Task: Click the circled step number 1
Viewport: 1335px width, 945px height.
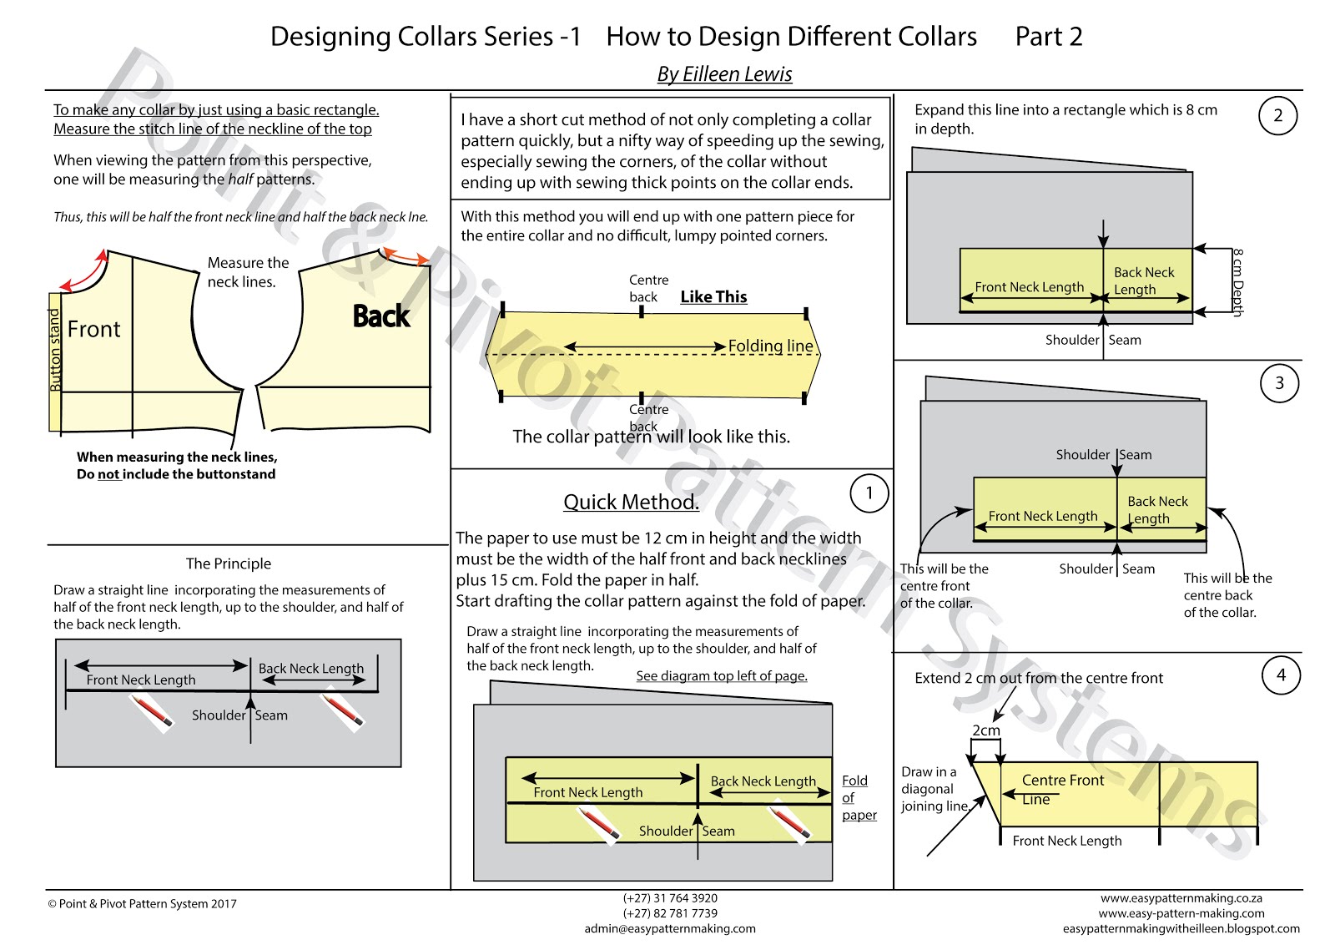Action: tap(869, 493)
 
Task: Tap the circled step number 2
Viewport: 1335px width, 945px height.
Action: tap(1277, 116)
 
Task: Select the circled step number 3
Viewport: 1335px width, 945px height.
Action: tap(1279, 383)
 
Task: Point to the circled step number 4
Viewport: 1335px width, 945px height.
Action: tap(1281, 675)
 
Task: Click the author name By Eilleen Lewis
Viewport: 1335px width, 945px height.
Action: tap(724, 74)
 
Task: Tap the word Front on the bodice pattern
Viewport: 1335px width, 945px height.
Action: tap(93, 329)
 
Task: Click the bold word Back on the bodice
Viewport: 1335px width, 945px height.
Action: tap(381, 316)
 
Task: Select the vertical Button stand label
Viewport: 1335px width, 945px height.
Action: tap(55, 350)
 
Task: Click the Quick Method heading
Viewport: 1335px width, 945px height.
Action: tap(631, 502)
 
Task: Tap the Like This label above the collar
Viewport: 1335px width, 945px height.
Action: tap(713, 296)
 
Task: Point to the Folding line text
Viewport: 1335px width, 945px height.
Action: tap(770, 346)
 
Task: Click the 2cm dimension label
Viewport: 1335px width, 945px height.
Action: tap(985, 730)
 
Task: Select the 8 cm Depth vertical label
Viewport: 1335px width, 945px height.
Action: tap(1237, 283)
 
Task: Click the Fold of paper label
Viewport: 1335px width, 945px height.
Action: tap(859, 797)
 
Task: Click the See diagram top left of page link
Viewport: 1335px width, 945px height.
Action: tap(722, 676)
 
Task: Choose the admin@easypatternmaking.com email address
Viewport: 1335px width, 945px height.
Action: tap(670, 928)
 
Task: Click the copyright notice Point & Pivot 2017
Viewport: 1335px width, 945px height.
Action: tap(142, 903)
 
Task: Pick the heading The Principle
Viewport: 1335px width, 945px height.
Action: tap(229, 563)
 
